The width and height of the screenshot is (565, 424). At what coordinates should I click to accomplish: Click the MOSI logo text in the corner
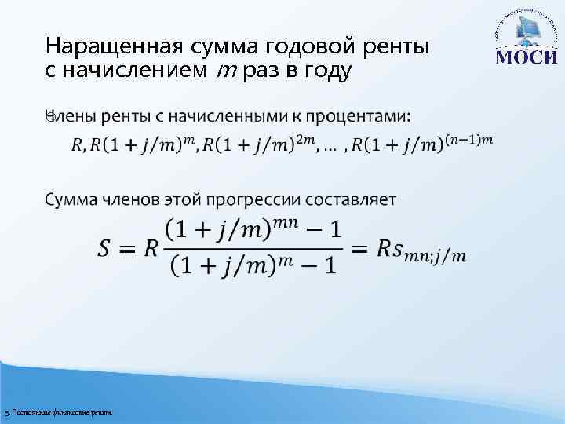click(x=527, y=58)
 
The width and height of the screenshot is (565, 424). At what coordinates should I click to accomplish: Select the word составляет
click(x=347, y=199)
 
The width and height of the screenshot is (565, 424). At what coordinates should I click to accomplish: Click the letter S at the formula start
click(x=110, y=247)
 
